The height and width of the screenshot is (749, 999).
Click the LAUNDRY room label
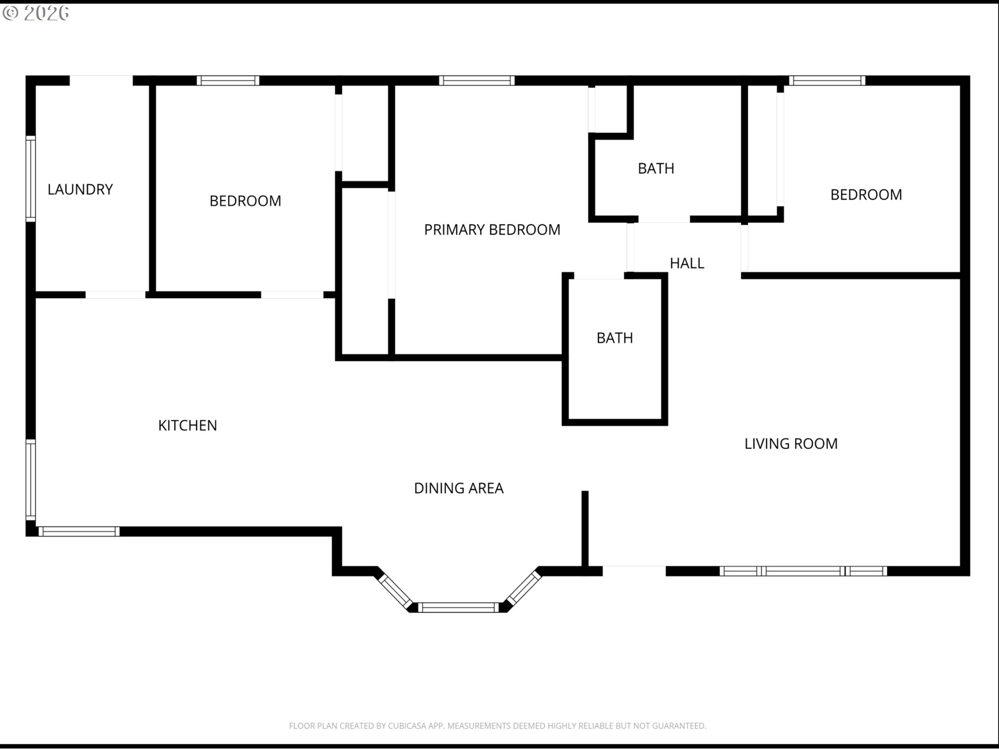tap(80, 189)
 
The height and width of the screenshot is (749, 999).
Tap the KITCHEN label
tap(187, 425)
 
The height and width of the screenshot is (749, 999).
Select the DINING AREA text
tap(458, 488)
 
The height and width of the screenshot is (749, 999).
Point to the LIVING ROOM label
tap(791, 444)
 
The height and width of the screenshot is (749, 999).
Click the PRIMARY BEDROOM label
tap(492, 229)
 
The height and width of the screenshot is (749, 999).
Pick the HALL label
tap(687, 263)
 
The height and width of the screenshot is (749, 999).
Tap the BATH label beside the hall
tap(656, 169)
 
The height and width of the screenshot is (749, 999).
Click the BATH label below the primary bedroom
tap(614, 338)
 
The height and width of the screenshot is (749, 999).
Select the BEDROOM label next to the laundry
tap(245, 201)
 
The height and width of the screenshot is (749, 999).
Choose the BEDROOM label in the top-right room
tap(866, 195)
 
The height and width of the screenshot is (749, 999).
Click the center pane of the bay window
tap(458, 608)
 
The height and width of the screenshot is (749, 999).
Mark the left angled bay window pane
tap(395, 591)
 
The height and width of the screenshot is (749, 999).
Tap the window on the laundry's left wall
tap(31, 179)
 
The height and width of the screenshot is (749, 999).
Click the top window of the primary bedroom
tap(477, 81)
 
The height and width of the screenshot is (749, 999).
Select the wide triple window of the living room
tap(803, 571)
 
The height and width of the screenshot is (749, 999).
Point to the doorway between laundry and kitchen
tap(116, 295)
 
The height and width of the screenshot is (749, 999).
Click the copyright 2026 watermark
tap(35, 13)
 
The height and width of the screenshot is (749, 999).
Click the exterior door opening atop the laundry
tap(101, 81)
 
